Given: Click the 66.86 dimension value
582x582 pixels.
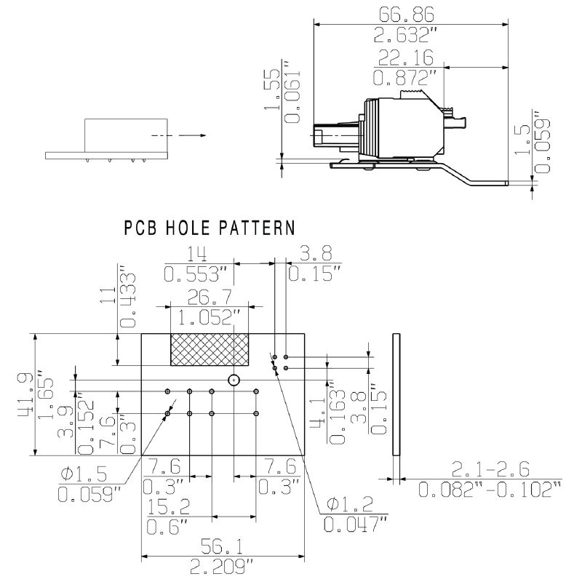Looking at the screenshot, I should pyautogui.click(x=411, y=14).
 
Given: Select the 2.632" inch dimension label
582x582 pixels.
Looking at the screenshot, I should pyautogui.click(x=411, y=34).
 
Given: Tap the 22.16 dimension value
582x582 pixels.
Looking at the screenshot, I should pyautogui.click(x=404, y=57).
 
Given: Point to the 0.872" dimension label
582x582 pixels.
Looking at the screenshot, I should pyautogui.click(x=405, y=76).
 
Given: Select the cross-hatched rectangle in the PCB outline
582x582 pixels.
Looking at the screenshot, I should pyautogui.click(x=210, y=349).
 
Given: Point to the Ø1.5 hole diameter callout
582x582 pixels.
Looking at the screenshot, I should pyautogui.click(x=84, y=474).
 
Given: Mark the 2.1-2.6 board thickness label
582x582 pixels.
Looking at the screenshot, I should pyautogui.click(x=490, y=468).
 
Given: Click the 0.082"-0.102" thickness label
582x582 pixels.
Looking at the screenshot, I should pyautogui.click(x=490, y=490).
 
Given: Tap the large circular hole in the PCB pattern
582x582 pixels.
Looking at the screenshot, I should pyautogui.click(x=234, y=380).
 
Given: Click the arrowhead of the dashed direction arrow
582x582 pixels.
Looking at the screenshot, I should pyautogui.click(x=201, y=135).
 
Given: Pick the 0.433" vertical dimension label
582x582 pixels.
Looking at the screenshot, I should pyautogui.click(x=129, y=300).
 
